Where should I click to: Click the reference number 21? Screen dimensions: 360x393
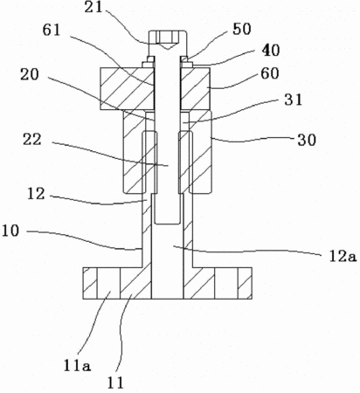pyautogui.click(x=93, y=7)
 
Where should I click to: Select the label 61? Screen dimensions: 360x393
pyautogui.click(x=52, y=31)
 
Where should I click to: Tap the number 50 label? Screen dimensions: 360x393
pyautogui.click(x=242, y=29)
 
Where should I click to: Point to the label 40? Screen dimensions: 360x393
pyautogui.click(x=271, y=51)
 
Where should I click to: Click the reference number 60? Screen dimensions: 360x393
pyautogui.click(x=270, y=73)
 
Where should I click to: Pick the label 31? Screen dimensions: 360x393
pyautogui.click(x=294, y=100)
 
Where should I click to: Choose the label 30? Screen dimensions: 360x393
pyautogui.click(x=307, y=141)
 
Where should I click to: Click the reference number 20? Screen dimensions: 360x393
pyautogui.click(x=30, y=75)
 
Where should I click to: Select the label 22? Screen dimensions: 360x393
pyautogui.click(x=32, y=140)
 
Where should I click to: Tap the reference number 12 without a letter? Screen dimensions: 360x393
pyautogui.click(x=36, y=194)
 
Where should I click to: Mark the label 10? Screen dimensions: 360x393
pyautogui.click(x=10, y=231)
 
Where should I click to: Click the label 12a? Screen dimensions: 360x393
pyautogui.click(x=343, y=256)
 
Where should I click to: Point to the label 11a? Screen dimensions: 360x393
pyautogui.click(x=77, y=366)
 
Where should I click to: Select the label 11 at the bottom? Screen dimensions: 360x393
pyautogui.click(x=115, y=383)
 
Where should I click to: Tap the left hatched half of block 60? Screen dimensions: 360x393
pyautogui.click(x=127, y=89)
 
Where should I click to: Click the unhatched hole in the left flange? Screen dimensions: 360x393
pyautogui.click(x=108, y=283)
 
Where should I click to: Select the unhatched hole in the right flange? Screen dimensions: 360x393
pyautogui.click(x=226, y=283)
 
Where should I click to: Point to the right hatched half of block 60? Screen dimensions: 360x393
pyautogui.click(x=195, y=89)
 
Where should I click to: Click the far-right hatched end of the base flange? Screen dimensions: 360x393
pyautogui.click(x=245, y=283)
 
